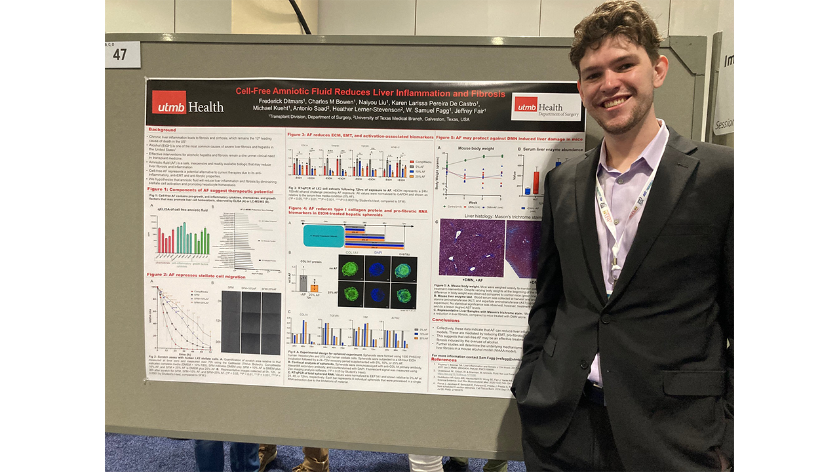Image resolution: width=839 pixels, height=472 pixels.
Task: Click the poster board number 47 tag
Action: tap(123, 55)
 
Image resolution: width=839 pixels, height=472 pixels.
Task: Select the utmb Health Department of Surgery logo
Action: tap(545, 107)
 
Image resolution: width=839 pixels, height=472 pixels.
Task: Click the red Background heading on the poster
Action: tap(162, 130)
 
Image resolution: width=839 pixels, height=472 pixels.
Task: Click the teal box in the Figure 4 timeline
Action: tap(323, 235)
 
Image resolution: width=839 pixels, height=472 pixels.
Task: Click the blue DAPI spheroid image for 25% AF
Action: tap(378, 294)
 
